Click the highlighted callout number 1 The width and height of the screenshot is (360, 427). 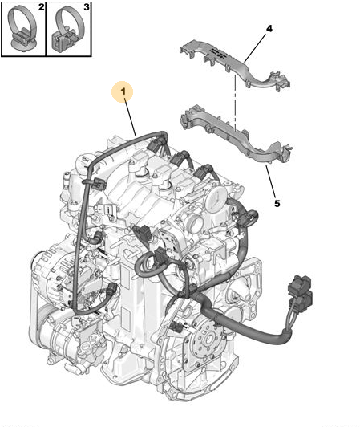point(123,91)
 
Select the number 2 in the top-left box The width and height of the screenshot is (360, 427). point(41,6)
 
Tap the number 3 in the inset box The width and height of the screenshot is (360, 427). point(87,6)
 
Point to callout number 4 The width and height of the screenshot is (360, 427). point(269,28)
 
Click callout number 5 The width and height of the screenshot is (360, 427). point(277,203)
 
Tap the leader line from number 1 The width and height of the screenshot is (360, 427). point(131,117)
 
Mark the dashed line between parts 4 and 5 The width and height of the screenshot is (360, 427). point(235,101)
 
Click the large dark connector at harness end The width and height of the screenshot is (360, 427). point(300,291)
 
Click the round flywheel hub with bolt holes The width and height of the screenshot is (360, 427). point(209,339)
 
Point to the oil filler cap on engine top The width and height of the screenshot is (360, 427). point(83,162)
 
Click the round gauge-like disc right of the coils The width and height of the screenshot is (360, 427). point(216,199)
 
